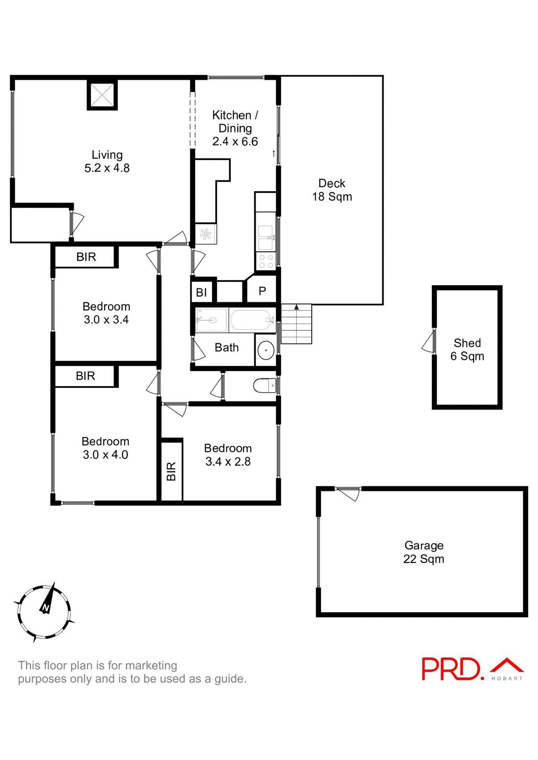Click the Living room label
pos(107,161)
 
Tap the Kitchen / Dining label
pos(235,128)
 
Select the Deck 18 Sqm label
pos(332,190)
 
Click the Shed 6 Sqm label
pos(467,350)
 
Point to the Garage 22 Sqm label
pos(424,552)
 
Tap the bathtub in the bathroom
pos(252,320)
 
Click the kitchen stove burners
pos(266,261)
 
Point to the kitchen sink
pos(266,237)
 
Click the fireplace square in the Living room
pos(102,95)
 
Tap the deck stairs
pos(296,325)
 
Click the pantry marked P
pos(262,291)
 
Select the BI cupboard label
pos(201,293)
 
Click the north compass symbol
pos(44,612)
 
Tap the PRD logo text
pos(452,669)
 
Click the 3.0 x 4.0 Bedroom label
pos(105,448)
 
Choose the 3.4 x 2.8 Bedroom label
pos(228,455)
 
